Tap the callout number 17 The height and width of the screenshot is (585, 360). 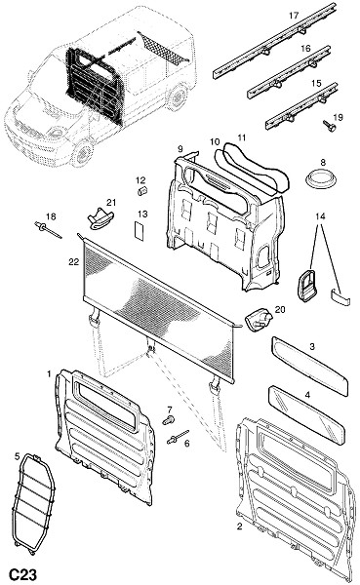(294, 16)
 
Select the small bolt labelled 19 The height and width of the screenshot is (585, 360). (329, 126)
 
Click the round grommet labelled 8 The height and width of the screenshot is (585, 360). (321, 179)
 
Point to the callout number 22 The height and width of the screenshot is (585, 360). (73, 262)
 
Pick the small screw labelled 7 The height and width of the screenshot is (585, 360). (169, 419)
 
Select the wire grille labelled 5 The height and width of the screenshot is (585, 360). (33, 504)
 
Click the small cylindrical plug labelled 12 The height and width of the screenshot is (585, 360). (142, 191)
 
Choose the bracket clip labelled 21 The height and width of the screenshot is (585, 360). (100, 218)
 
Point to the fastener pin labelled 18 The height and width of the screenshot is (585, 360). (48, 229)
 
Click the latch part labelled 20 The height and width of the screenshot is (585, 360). (259, 320)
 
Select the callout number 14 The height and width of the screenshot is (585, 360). (320, 216)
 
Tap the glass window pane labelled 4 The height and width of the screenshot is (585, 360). (306, 415)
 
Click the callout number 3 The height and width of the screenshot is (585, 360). (312, 346)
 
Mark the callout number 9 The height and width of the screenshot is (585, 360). (180, 149)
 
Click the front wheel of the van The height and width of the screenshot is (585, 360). (82, 153)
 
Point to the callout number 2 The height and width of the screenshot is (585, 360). (240, 526)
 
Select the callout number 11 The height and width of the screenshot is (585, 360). (242, 137)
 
